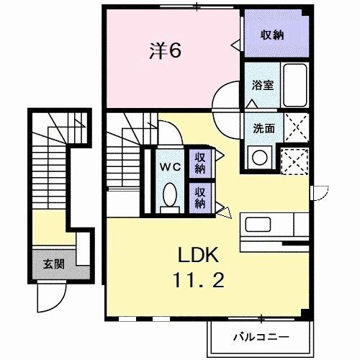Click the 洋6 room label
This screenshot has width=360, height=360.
tap(164, 50)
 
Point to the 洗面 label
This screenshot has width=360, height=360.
tap(263, 129)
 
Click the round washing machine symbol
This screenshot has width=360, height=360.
tap(259, 155)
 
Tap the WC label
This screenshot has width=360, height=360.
tap(170, 166)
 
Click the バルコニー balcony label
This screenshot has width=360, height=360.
tap(260, 336)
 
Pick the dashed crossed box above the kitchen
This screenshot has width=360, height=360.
tap(296, 160)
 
